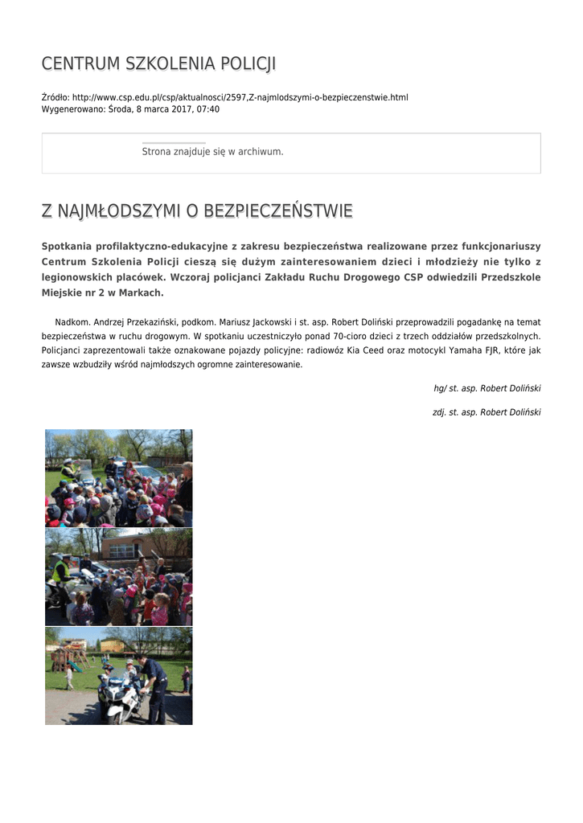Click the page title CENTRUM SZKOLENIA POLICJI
click(158, 63)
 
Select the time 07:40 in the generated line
click(208, 109)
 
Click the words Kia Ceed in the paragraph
click(374, 350)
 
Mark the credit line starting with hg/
click(487, 388)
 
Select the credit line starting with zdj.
click(486, 412)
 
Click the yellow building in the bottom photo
click(112, 645)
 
